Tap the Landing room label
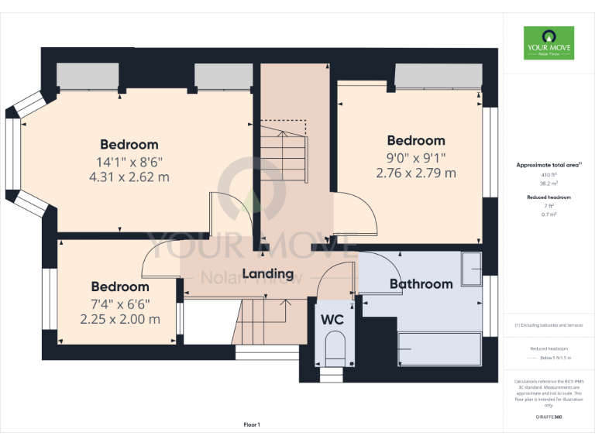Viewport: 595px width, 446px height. (x=268, y=273)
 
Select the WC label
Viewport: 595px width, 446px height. (x=333, y=318)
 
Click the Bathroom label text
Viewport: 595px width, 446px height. (x=421, y=284)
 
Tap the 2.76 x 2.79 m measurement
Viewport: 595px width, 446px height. (x=416, y=173)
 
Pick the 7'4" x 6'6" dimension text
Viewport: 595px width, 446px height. (x=120, y=304)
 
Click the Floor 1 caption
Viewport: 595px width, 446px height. (x=252, y=424)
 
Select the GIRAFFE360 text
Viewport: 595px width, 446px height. (x=549, y=417)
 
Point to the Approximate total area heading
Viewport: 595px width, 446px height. (x=549, y=165)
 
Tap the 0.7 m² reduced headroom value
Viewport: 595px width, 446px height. (x=549, y=214)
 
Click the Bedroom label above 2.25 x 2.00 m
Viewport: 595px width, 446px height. (x=120, y=287)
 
